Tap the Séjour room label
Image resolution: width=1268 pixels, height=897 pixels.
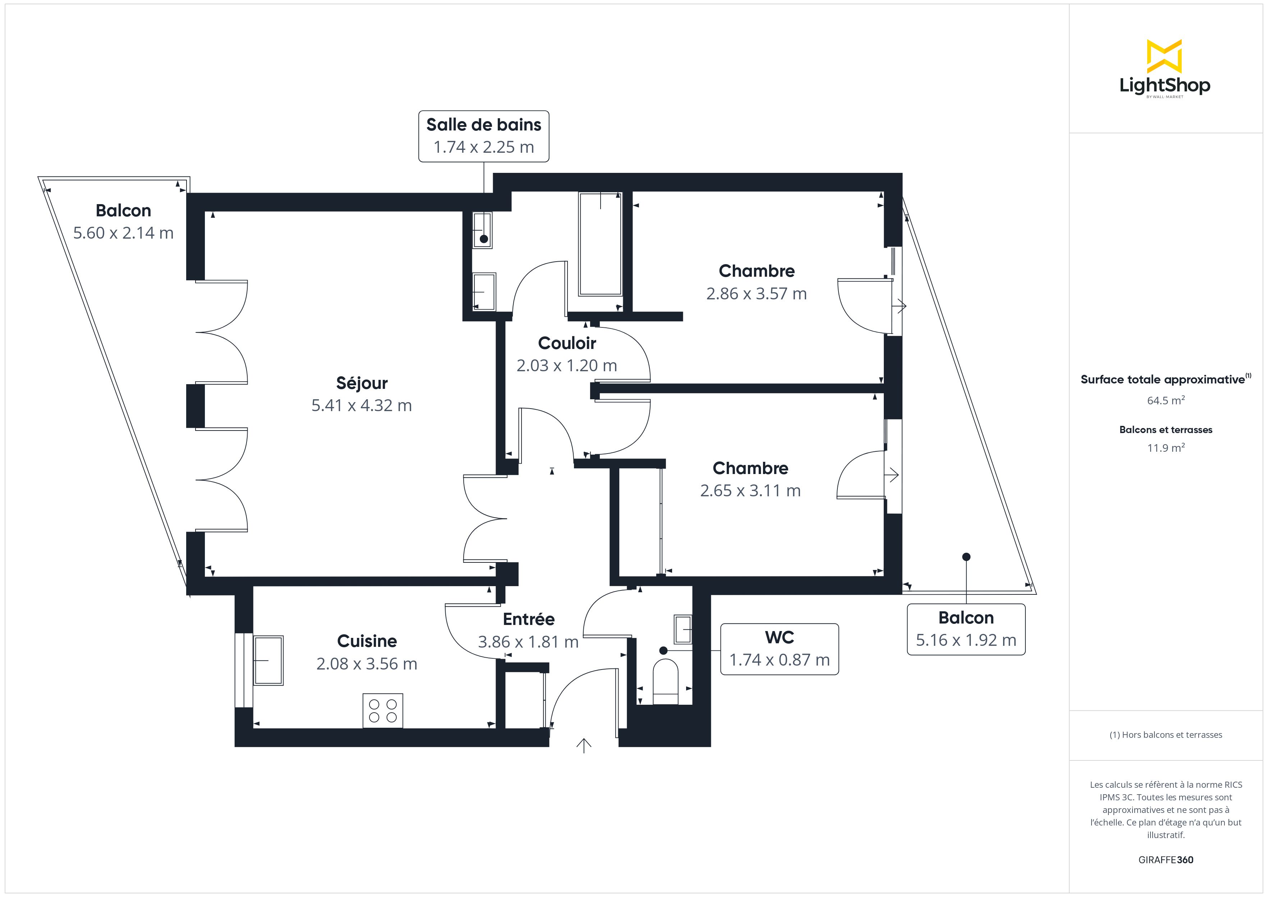[362, 383]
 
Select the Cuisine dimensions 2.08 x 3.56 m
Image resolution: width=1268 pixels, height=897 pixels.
[367, 663]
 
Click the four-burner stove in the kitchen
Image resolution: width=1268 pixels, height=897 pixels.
[383, 711]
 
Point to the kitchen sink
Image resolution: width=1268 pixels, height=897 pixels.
[268, 661]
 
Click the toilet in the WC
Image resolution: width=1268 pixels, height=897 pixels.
[666, 682]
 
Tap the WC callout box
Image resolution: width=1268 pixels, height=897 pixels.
[779, 649]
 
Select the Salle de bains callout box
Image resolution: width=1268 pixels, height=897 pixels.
[484, 136]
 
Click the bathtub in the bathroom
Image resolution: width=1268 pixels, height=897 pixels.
[600, 244]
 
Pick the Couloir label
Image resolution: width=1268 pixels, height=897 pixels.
[567, 343]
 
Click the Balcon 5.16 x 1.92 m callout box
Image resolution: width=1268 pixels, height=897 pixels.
[966, 629]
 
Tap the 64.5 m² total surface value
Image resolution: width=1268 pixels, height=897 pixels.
[1166, 400]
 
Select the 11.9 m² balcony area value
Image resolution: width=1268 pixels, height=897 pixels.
[1166, 448]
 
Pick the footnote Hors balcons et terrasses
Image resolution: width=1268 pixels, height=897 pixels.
[1166, 735]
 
